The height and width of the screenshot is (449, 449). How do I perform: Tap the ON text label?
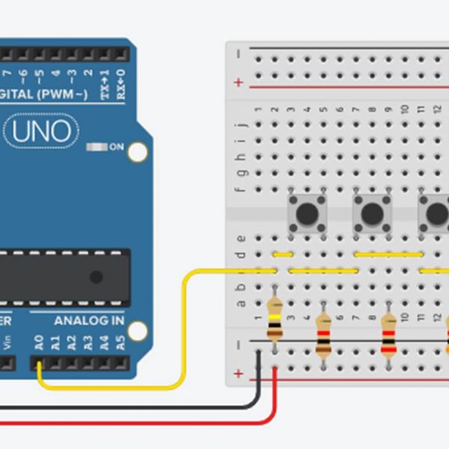pyautogui.click(x=116, y=147)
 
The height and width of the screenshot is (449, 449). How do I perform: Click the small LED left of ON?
pyautogui.click(x=96, y=147)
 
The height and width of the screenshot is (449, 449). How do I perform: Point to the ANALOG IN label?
pyautogui.click(x=88, y=321)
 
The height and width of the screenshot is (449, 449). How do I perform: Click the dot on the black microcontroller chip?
pyautogui.click(x=96, y=277)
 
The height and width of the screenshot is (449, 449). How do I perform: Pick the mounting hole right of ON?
pyautogui.click(x=138, y=153)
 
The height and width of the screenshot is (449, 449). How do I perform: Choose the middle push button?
pyautogui.click(x=372, y=213)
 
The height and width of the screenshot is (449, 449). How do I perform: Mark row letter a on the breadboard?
pyautogui.click(x=240, y=303)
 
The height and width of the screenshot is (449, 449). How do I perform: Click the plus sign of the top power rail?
pyautogui.click(x=239, y=82)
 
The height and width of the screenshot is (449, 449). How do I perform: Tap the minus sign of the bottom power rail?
pyautogui.click(x=239, y=346)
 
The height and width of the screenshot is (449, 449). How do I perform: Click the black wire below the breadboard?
pyautogui.click(x=150, y=408)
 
